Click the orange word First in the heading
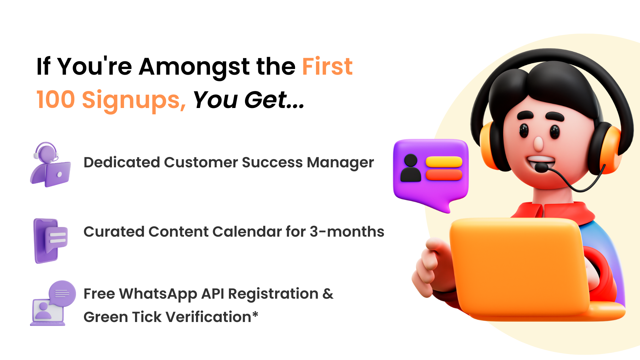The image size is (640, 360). (327, 66)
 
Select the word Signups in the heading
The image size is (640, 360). (134, 101)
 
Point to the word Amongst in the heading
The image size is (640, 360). (194, 68)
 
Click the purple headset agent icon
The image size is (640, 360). (51, 164)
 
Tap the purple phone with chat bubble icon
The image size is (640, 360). (51, 241)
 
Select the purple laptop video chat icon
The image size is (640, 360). (53, 303)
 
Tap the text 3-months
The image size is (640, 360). (347, 231)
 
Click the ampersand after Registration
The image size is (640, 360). (328, 294)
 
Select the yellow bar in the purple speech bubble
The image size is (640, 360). (444, 162)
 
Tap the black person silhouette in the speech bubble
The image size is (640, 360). (411, 168)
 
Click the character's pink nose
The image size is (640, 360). (538, 144)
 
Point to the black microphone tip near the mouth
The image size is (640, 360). (542, 167)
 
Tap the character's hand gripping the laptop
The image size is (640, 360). (430, 267)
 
